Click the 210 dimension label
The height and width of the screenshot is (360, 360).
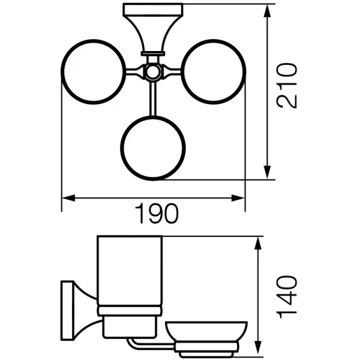point(287,85)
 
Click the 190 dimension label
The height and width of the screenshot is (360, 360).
point(157,214)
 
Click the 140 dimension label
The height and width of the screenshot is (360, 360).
point(287,297)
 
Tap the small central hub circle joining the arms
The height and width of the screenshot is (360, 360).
point(152,72)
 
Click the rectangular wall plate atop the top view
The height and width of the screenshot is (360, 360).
point(153,10)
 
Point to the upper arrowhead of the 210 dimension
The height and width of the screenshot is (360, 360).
point(266,11)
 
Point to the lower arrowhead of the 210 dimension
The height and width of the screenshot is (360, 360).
point(266,172)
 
